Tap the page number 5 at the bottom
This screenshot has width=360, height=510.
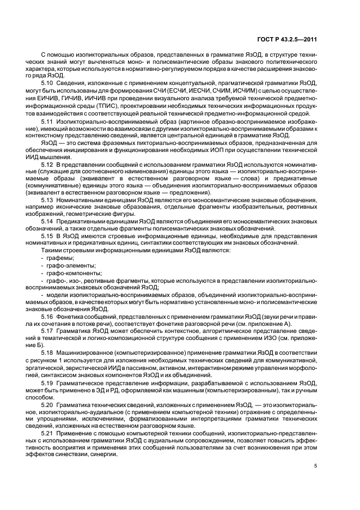click(x=316, y=466)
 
